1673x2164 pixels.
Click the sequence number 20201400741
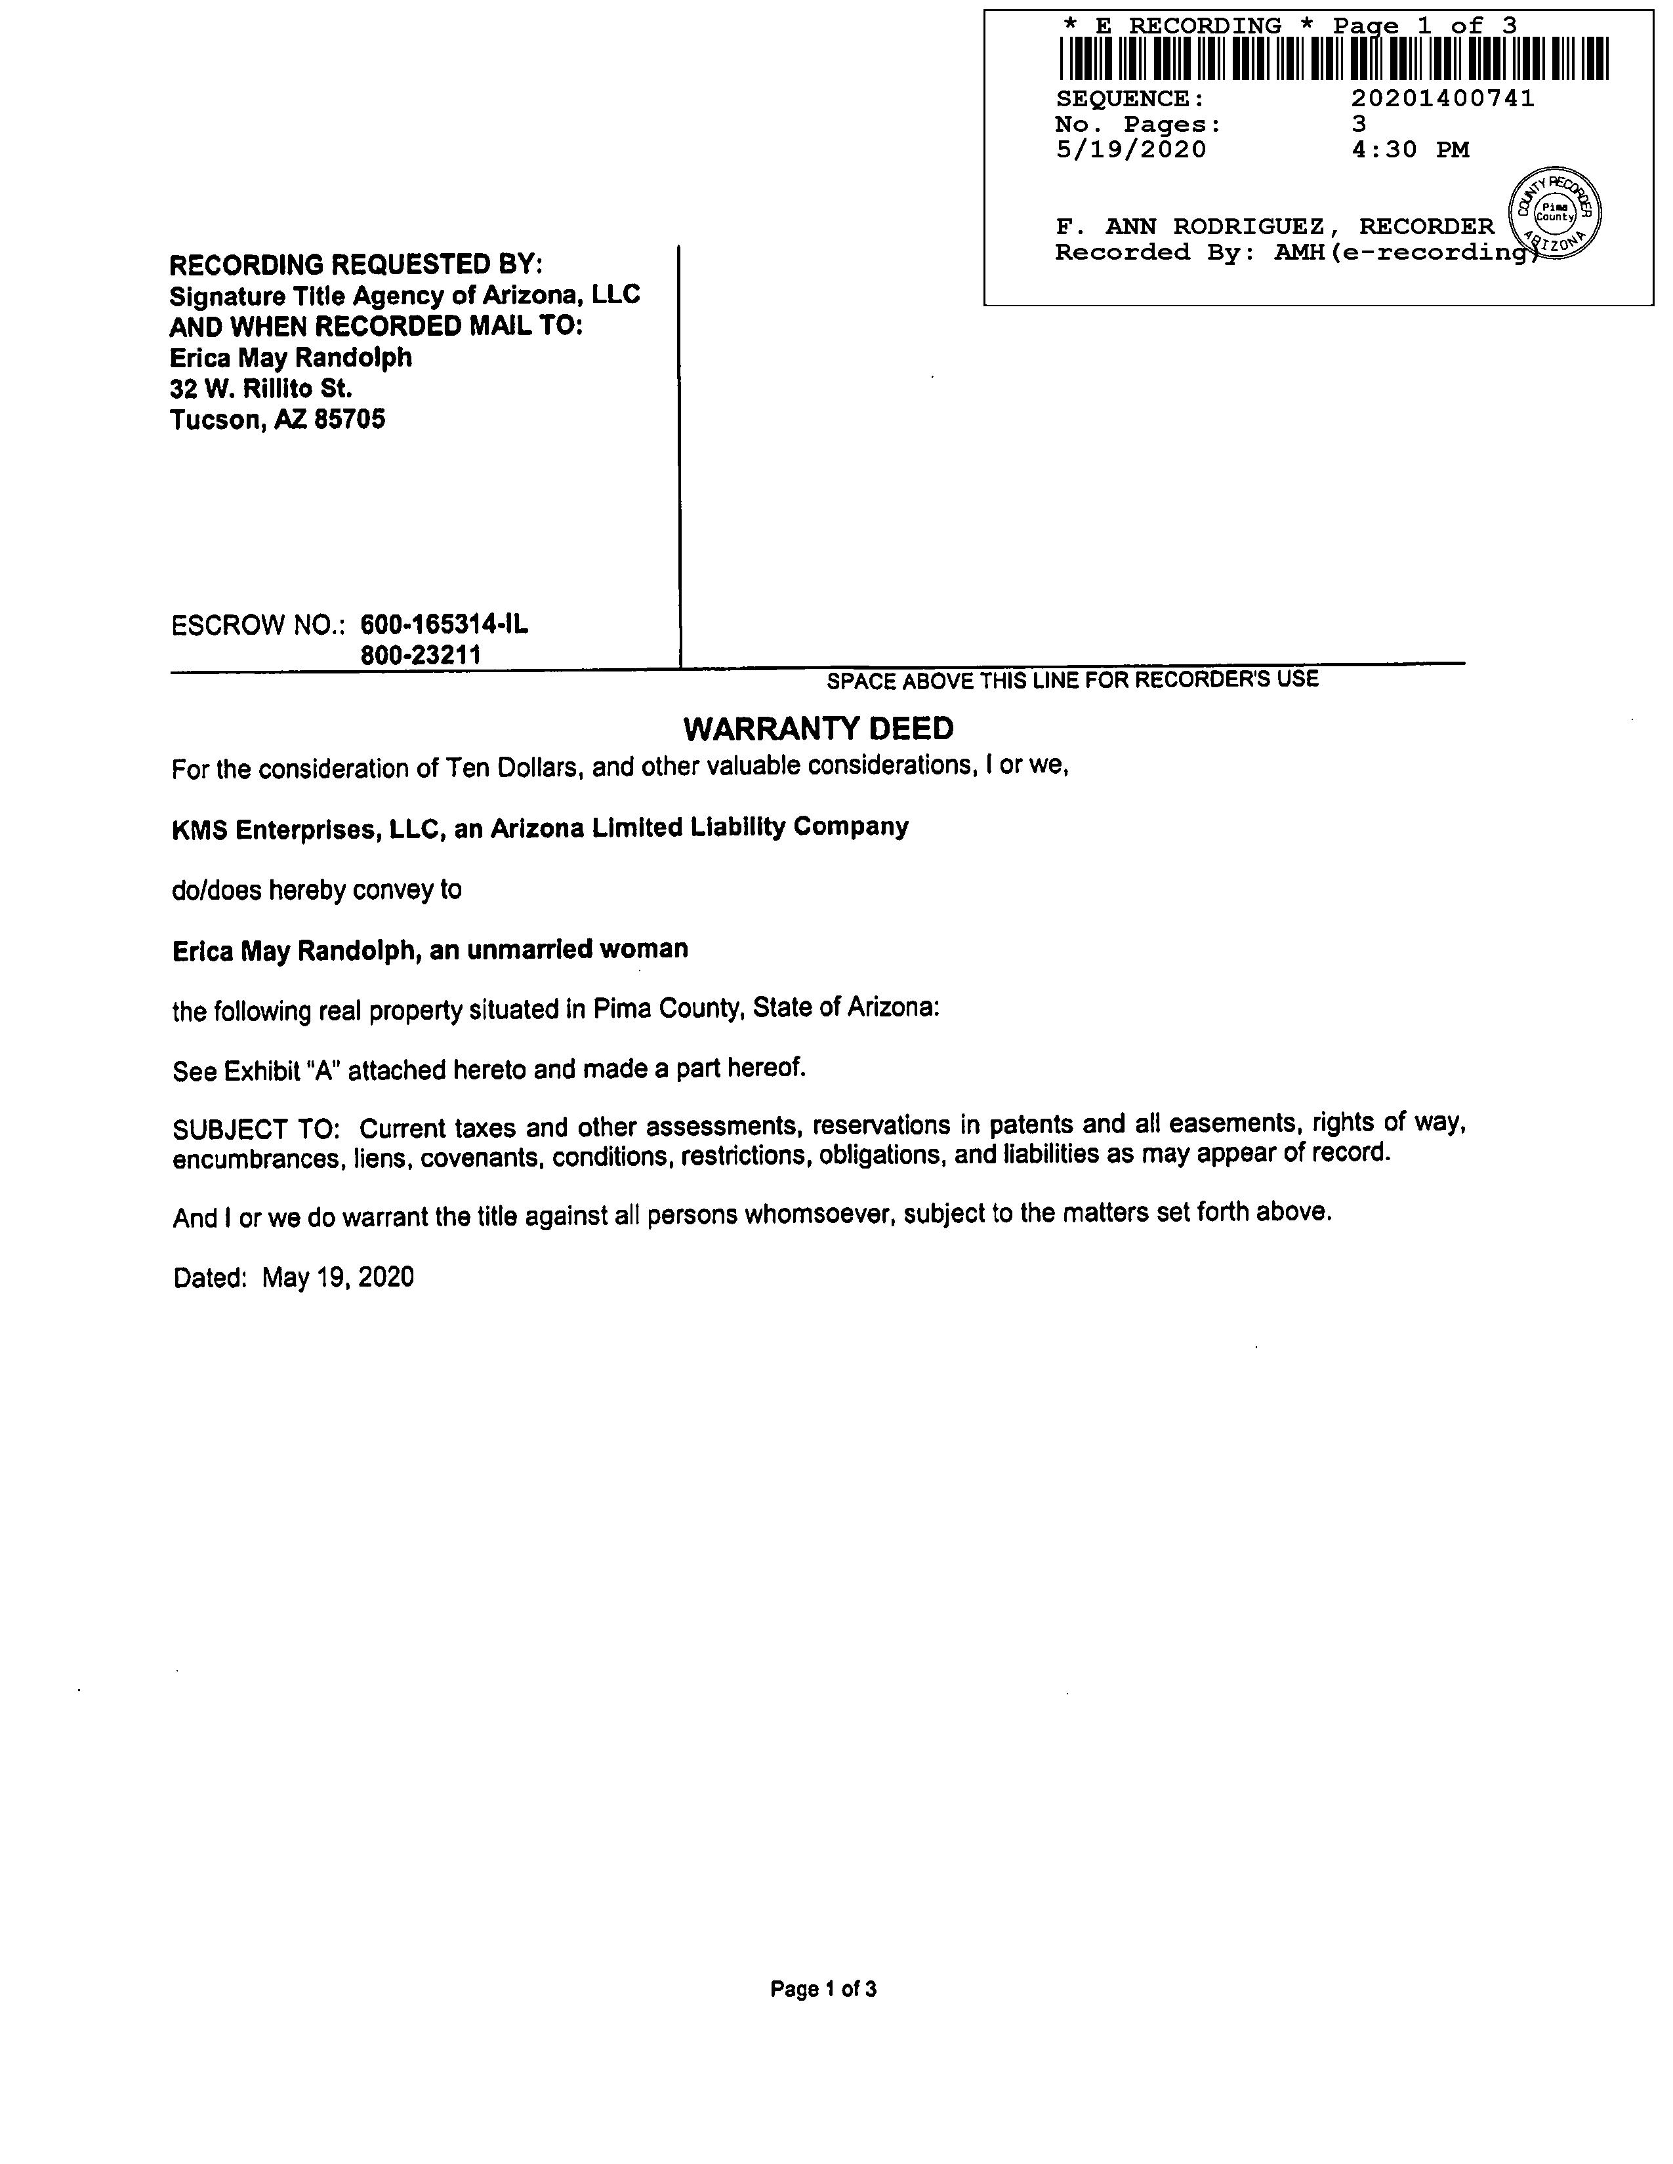(1442, 98)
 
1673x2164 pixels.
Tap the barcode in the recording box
(1333, 58)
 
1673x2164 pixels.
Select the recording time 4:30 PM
(1409, 150)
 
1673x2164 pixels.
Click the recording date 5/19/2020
(1131, 150)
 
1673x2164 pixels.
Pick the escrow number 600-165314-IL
(444, 624)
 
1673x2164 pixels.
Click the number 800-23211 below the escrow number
(421, 655)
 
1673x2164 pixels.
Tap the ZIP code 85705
(349, 419)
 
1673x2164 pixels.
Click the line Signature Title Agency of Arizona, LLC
(404, 295)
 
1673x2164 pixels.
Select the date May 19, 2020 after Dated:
(338, 1277)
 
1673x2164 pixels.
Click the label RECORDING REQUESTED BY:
(356, 264)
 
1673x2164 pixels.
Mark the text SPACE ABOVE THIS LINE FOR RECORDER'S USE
(1073, 680)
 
